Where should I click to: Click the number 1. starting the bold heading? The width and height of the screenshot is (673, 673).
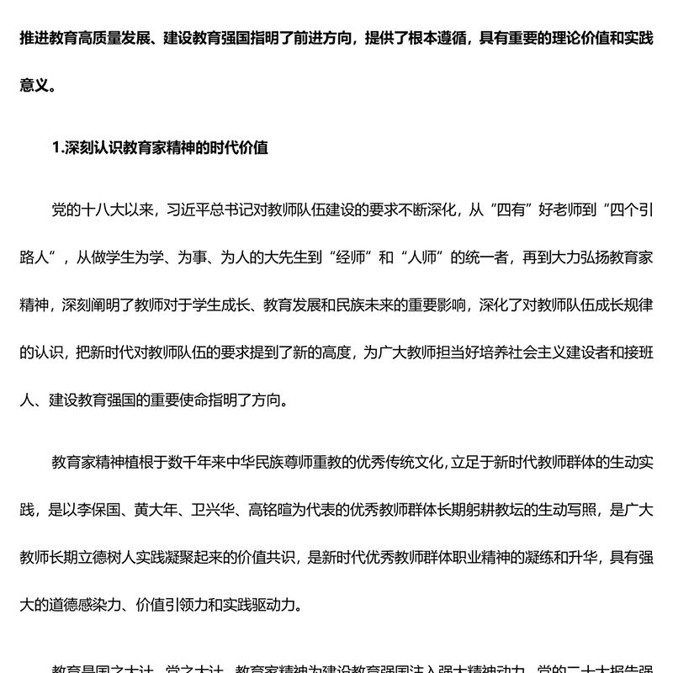[58, 147]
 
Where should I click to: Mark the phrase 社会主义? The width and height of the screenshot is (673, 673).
[533, 352]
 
